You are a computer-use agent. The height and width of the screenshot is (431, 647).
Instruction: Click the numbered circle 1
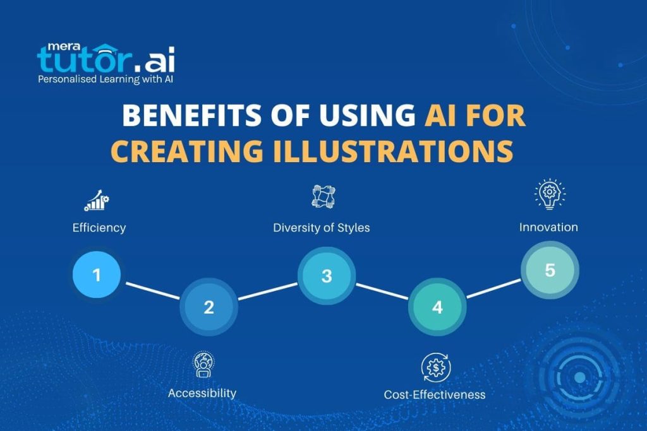[x=97, y=275]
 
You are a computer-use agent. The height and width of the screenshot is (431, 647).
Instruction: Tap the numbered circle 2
[x=209, y=307]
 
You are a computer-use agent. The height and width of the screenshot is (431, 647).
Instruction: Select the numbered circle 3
[x=326, y=276]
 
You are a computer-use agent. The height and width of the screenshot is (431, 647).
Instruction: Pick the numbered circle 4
[x=437, y=307]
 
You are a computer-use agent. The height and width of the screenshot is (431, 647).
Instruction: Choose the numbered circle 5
[x=549, y=270]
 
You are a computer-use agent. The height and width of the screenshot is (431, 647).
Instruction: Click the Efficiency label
[x=99, y=228]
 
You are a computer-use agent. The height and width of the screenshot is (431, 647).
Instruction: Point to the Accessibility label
[x=202, y=393]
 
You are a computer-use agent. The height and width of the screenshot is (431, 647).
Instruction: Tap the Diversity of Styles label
[x=321, y=228]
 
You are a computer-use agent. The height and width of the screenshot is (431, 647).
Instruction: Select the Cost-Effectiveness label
[x=435, y=394]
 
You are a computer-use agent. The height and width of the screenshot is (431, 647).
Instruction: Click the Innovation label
[x=548, y=227]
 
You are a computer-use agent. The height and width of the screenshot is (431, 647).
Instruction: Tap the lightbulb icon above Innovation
[x=549, y=194]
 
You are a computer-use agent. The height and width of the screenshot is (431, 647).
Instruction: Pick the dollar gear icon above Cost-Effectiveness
[x=435, y=367]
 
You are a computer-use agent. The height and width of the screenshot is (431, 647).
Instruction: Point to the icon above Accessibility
[x=203, y=365]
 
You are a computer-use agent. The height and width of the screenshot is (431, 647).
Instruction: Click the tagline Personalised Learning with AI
[x=106, y=80]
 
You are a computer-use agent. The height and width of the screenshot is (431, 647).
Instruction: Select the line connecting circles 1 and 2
[x=154, y=292]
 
